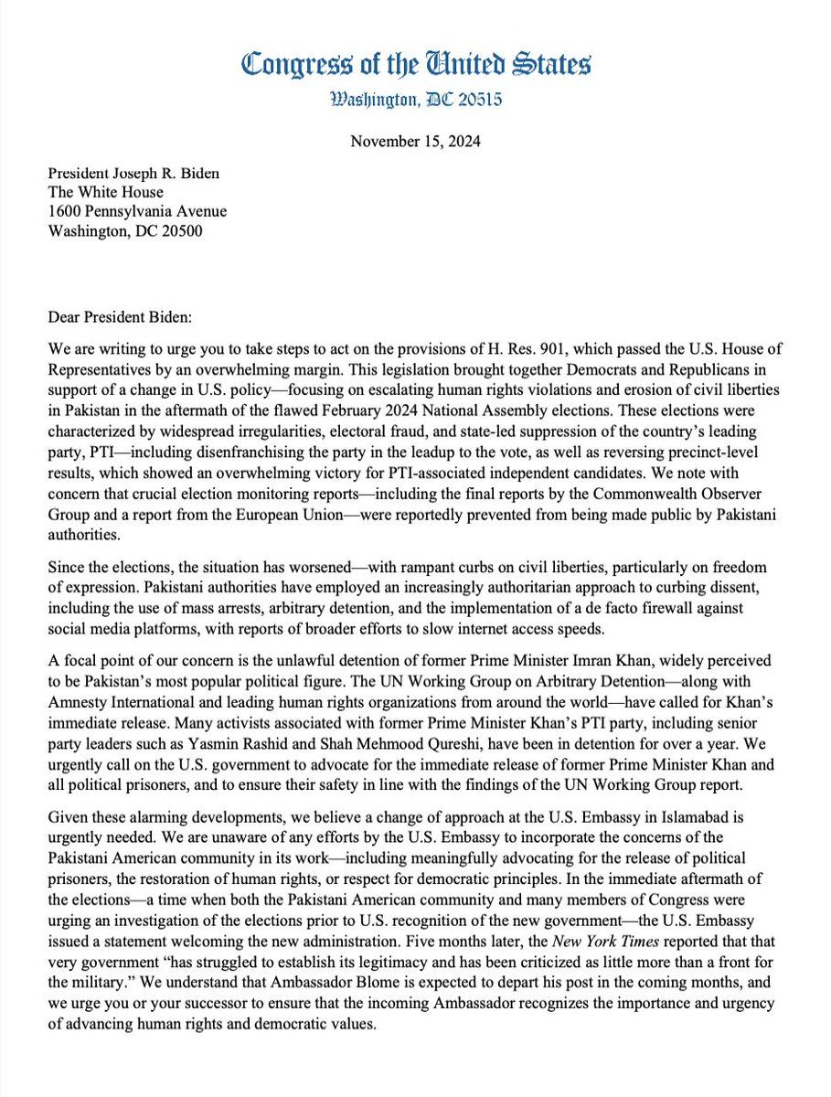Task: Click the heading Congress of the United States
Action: [x=415, y=64]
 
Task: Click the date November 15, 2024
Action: [x=415, y=143]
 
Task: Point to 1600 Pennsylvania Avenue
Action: [x=138, y=211]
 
